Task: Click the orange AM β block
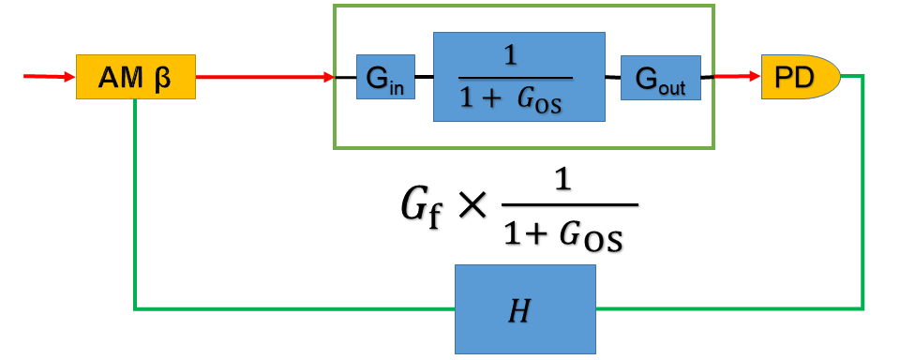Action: (x=135, y=77)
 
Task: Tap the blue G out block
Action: (x=660, y=77)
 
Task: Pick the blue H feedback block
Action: (x=525, y=308)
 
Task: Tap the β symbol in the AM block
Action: (x=165, y=77)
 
